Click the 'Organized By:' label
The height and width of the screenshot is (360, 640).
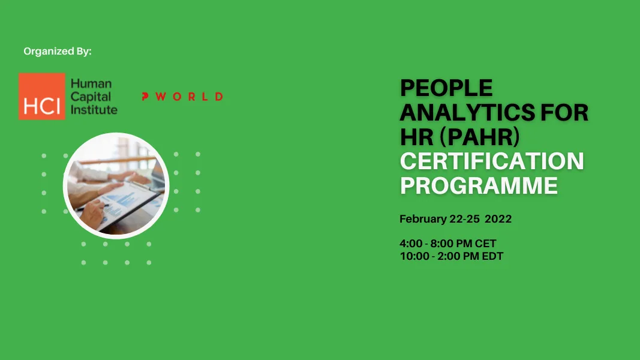(x=58, y=52)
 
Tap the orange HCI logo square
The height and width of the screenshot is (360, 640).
(x=41, y=96)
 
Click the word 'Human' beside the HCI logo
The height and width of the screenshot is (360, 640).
(x=91, y=84)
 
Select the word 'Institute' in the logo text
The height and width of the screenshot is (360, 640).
(x=94, y=109)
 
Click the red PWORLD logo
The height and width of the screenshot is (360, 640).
(x=182, y=97)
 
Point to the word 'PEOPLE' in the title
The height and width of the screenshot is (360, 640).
(x=446, y=89)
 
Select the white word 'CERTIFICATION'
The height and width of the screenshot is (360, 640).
(x=492, y=161)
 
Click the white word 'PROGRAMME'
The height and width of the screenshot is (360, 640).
(x=479, y=185)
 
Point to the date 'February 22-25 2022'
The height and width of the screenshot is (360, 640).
(x=455, y=219)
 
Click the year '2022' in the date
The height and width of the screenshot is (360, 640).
(x=498, y=219)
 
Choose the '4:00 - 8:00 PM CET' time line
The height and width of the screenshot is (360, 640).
(x=448, y=244)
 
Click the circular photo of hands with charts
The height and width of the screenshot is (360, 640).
(x=116, y=186)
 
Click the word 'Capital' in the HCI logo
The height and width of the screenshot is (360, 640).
(x=88, y=97)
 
